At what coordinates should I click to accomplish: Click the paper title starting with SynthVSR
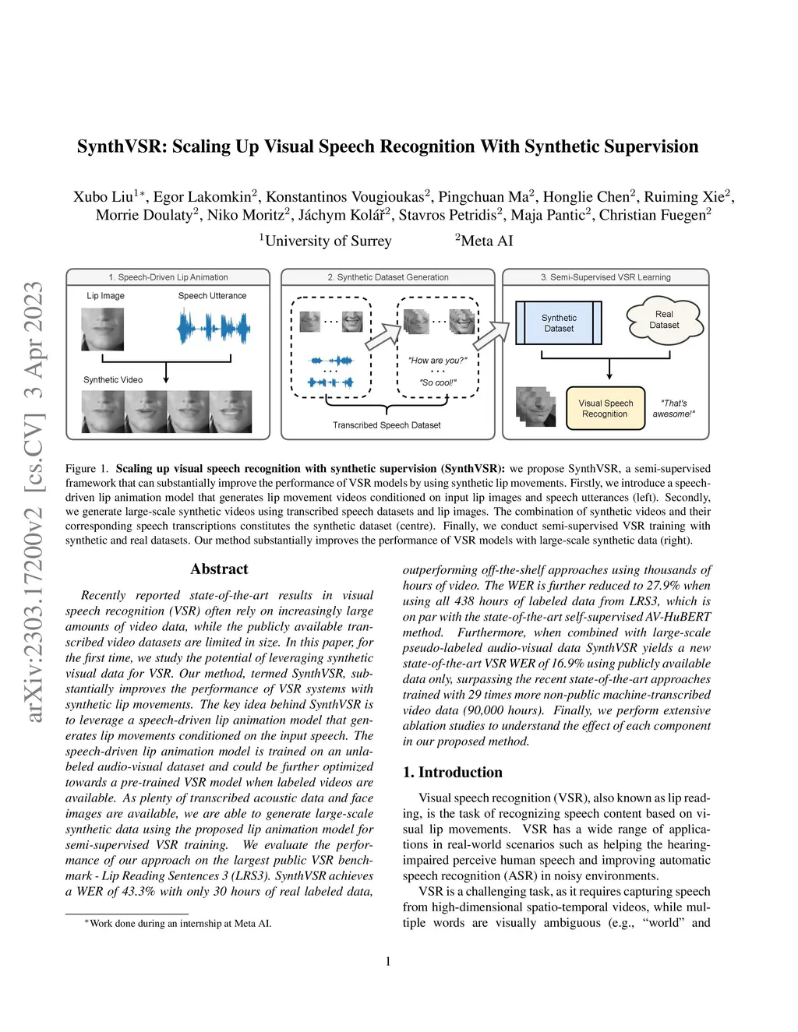pyautogui.click(x=387, y=146)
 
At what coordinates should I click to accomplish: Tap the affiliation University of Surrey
pyautogui.click(x=327, y=241)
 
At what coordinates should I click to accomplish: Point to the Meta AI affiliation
pyautogui.click(x=486, y=241)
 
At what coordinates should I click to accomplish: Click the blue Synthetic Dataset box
pyautogui.click(x=559, y=323)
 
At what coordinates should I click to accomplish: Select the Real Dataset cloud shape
pyautogui.click(x=664, y=320)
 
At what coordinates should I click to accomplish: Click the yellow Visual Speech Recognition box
pyautogui.click(x=606, y=409)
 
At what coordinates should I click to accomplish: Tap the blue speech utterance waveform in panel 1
pyautogui.click(x=213, y=328)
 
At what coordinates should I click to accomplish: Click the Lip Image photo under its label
pyautogui.click(x=102, y=329)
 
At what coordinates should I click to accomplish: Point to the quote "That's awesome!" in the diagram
pyautogui.click(x=673, y=409)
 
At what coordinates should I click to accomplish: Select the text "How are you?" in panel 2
pyautogui.click(x=437, y=361)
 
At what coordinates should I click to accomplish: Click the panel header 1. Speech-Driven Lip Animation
pyautogui.click(x=168, y=277)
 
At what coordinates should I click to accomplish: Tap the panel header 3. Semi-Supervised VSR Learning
pyautogui.click(x=606, y=277)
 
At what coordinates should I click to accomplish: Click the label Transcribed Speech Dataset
pyautogui.click(x=387, y=425)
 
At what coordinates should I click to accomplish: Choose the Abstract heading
pyautogui.click(x=219, y=569)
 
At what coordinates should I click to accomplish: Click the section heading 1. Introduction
pyautogui.click(x=452, y=772)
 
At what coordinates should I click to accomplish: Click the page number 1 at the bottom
pyautogui.click(x=388, y=961)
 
